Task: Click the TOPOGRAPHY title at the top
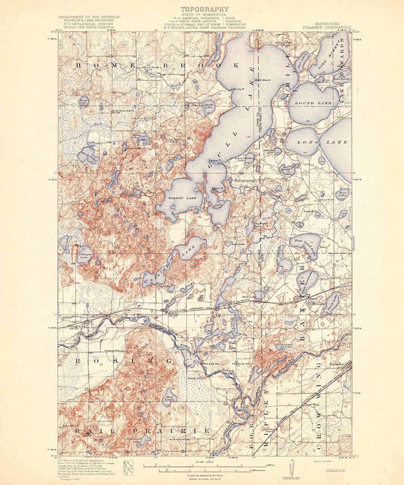pyautogui.click(x=205, y=9)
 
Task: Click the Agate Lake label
pyautogui.click(x=208, y=106)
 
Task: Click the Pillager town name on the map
pyautogui.click(x=74, y=326)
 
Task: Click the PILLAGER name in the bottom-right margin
pyautogui.click(x=336, y=470)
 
